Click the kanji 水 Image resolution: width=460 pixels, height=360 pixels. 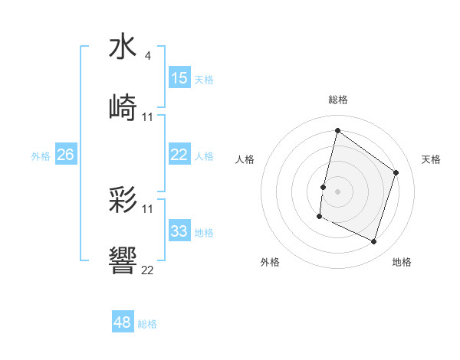coord(123,47)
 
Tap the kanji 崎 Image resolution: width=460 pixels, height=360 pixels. coord(123,108)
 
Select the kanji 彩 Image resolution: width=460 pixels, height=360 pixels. coord(123,201)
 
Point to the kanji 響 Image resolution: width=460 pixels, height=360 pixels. coord(123,262)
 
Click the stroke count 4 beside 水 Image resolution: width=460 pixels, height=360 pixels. coord(147,56)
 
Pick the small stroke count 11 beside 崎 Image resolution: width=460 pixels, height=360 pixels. coord(148,117)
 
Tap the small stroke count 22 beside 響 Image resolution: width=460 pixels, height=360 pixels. coord(148,270)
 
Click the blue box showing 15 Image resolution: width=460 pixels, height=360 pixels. coord(179,78)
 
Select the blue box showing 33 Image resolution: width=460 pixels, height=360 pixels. coord(179,231)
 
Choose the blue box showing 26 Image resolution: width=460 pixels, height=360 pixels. coord(66,155)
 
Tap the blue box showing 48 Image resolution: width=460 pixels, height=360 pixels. coord(123,322)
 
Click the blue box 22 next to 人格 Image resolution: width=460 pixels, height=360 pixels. coord(179,155)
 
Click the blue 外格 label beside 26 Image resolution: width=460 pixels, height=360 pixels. coord(41,155)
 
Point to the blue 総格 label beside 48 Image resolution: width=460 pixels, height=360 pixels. coord(147,324)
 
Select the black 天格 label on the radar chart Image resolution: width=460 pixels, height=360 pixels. coord(432,159)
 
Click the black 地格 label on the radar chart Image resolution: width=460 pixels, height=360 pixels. coord(402,262)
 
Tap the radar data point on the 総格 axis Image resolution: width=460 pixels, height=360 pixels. coord(337,130)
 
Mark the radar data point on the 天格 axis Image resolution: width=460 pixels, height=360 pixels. coord(396,172)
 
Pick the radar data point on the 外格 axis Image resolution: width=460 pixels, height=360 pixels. coord(319,217)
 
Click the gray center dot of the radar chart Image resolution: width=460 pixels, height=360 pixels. coord(337,191)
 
